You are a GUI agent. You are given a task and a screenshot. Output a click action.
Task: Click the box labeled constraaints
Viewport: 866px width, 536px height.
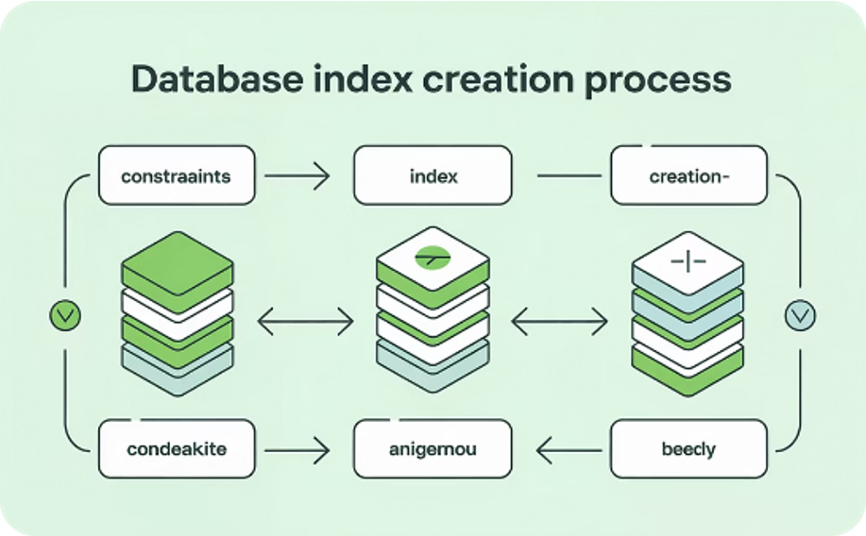click(177, 176)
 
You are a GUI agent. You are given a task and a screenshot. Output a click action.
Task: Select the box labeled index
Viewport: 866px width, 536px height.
click(433, 176)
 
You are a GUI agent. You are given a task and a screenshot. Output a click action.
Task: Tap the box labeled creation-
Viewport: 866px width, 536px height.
click(688, 176)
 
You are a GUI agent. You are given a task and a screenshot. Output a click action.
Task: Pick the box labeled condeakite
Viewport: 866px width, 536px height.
click(177, 449)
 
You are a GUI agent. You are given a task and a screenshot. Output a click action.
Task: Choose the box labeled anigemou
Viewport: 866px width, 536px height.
click(433, 449)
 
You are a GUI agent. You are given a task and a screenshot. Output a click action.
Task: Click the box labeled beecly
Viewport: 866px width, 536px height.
click(688, 449)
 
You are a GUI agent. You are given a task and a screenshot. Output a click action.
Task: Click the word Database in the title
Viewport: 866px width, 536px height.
click(217, 79)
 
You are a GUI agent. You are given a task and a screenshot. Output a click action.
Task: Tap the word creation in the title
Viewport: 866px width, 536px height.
click(499, 79)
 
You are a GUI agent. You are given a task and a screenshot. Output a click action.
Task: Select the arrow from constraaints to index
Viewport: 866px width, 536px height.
click(297, 176)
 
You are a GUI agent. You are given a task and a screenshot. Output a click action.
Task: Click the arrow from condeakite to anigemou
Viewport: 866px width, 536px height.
click(297, 450)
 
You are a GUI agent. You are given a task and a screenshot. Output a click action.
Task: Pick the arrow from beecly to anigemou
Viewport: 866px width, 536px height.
click(569, 450)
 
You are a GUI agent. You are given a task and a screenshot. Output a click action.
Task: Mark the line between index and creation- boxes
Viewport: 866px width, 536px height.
click(569, 176)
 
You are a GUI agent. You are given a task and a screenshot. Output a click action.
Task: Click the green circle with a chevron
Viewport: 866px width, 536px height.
click(65, 316)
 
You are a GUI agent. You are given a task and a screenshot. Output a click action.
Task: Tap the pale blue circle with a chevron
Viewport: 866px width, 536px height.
click(800, 316)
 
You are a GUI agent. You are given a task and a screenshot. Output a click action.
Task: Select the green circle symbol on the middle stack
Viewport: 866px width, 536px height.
click(433, 258)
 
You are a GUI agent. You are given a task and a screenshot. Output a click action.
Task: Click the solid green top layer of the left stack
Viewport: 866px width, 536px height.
click(178, 265)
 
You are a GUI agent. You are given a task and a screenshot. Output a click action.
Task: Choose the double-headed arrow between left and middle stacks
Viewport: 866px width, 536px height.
click(305, 322)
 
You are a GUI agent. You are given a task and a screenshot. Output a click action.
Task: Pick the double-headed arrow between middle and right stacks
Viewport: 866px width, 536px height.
click(559, 322)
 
